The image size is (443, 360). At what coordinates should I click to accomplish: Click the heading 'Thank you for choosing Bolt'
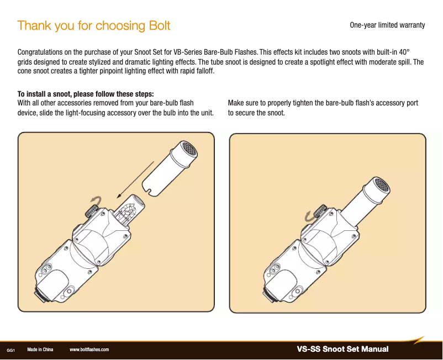pos(94,25)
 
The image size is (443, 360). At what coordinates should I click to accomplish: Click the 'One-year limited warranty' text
pos(387,25)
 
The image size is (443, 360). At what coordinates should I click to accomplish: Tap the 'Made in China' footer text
pos(40,350)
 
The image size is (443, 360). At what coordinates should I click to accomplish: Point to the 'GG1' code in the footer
pos(10,350)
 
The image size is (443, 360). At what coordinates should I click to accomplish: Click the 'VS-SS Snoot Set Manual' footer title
pos(342,349)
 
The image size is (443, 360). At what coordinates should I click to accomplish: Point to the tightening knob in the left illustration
pos(92,210)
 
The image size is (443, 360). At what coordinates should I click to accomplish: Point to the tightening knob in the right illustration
pos(320,211)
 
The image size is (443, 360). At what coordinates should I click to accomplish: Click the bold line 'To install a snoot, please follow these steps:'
pos(86,93)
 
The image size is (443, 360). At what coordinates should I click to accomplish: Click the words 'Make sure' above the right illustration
pos(241,103)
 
